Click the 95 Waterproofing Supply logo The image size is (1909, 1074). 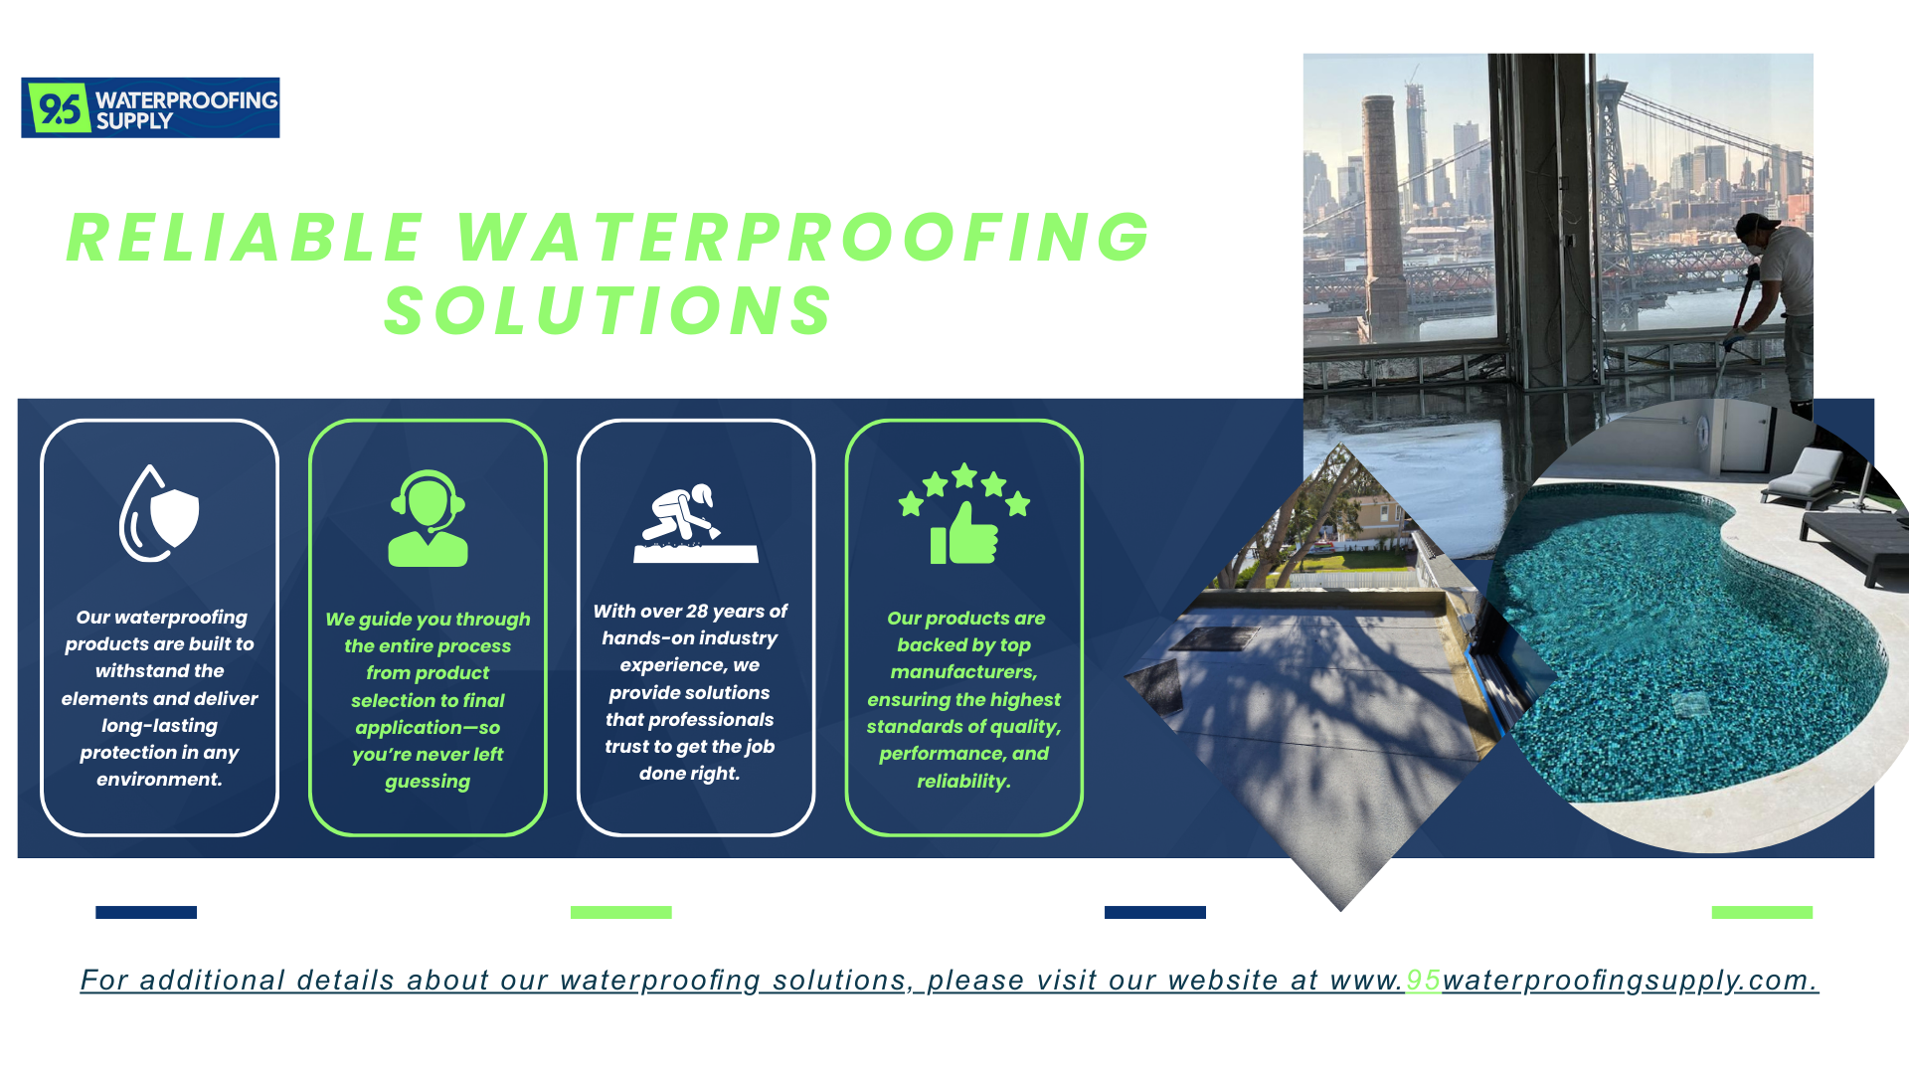[x=150, y=107]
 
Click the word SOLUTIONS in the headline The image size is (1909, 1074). [x=608, y=311]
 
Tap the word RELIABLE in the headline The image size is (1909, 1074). [x=246, y=239]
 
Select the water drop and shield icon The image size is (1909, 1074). [x=159, y=513]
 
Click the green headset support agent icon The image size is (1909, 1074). [x=428, y=518]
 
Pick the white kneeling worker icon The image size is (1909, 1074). [x=696, y=523]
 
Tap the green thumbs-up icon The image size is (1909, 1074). [x=963, y=534]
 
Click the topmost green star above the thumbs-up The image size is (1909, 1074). [x=964, y=475]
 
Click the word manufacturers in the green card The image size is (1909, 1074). [x=963, y=672]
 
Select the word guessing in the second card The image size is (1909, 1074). [x=428, y=782]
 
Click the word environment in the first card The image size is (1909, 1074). [x=159, y=780]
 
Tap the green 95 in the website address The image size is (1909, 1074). [x=1423, y=981]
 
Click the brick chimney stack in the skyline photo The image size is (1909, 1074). [x=1382, y=219]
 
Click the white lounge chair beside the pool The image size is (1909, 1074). [x=1805, y=476]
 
